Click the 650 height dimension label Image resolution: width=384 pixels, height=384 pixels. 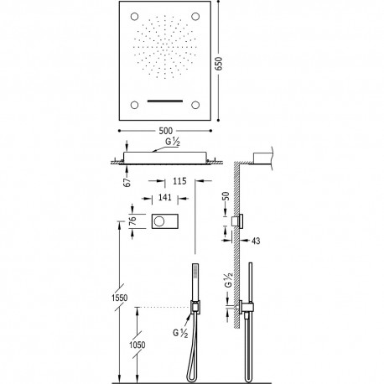(220, 64)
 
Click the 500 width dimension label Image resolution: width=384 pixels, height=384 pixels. (166, 131)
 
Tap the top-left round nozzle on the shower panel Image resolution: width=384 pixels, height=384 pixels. (134, 17)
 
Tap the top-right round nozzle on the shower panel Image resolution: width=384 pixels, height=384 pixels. (195, 17)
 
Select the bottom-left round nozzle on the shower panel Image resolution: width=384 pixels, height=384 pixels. (134, 105)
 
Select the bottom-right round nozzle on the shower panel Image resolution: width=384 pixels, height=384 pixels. (195, 105)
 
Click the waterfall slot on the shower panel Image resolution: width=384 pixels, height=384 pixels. (165, 101)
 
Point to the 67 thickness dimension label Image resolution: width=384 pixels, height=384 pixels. (127, 182)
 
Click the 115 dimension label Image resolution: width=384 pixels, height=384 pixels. (179, 181)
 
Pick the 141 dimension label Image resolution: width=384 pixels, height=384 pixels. (165, 197)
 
